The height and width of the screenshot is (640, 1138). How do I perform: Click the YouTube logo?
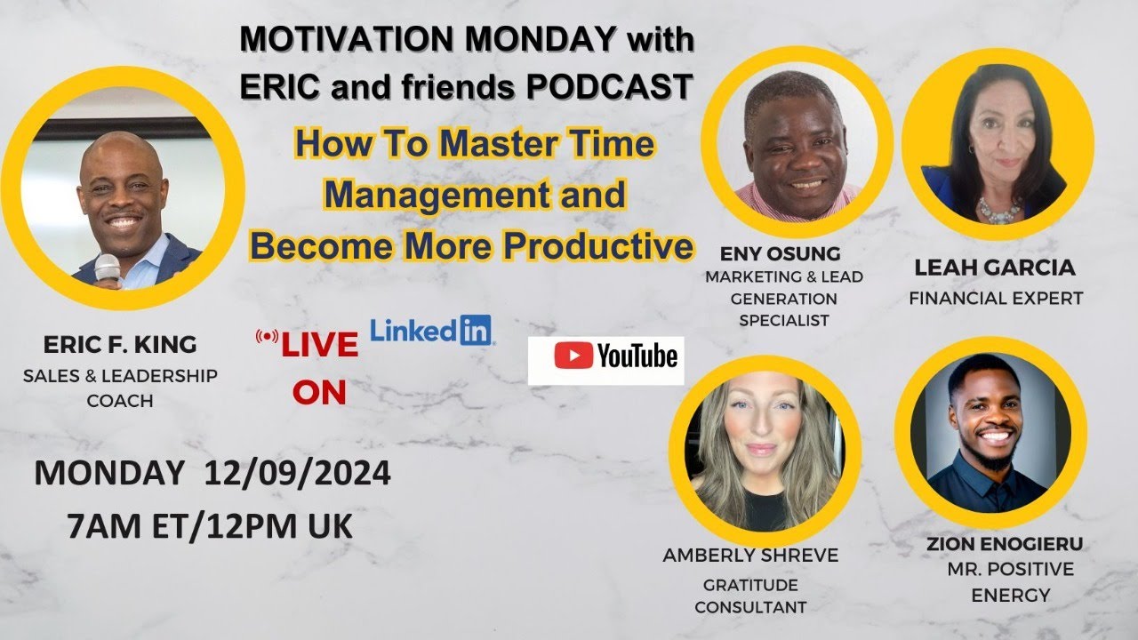click(605, 358)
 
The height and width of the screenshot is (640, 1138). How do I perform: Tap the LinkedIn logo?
click(432, 331)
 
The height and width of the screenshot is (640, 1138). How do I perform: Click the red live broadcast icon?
click(266, 337)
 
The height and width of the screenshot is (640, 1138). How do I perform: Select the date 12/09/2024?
click(297, 474)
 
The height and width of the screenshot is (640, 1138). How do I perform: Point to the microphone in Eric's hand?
click(108, 269)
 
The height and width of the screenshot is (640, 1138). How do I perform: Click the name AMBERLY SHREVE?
click(750, 556)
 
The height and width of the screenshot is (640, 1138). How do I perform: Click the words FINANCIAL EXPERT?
click(996, 299)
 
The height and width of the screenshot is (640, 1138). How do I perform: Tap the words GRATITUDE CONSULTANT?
click(751, 596)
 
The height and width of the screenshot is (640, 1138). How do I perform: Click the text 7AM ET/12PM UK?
click(210, 526)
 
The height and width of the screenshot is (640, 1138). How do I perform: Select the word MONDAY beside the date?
click(109, 474)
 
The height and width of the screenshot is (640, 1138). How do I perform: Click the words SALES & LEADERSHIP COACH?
click(120, 388)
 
